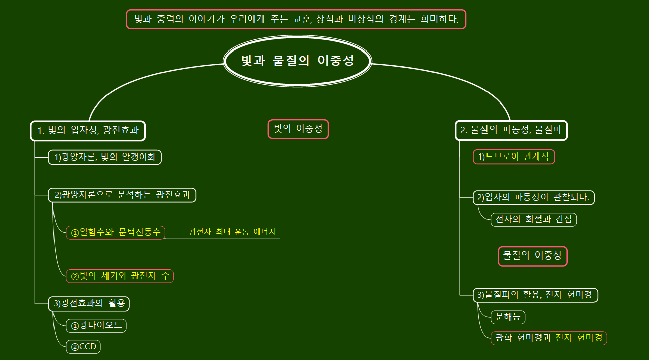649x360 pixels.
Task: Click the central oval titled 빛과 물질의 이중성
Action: [297, 61]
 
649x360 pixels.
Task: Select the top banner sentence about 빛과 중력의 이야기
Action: [296, 20]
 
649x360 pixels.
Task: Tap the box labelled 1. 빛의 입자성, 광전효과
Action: [88, 131]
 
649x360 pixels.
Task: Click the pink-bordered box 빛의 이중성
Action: [298, 129]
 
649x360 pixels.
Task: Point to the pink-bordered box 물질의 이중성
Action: [532, 256]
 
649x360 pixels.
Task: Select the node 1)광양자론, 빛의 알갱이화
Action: [105, 157]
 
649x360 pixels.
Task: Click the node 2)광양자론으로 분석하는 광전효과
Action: [122, 195]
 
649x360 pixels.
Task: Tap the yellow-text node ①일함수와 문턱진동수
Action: [115, 232]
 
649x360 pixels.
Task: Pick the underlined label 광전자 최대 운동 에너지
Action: [233, 232]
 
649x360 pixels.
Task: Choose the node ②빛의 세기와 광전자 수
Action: [120, 276]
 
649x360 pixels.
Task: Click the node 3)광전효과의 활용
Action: [89, 303]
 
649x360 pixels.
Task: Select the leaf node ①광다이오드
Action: [96, 325]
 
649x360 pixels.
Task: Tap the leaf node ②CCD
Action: [83, 347]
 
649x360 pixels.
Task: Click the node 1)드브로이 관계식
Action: [514, 157]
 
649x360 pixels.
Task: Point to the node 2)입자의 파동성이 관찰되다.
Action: [533, 197]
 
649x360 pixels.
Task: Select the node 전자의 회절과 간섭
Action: [533, 219]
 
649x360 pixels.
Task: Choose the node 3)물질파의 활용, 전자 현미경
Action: [535, 295]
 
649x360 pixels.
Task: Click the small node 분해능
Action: [508, 317]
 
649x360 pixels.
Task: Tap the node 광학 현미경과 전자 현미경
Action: [549, 338]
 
